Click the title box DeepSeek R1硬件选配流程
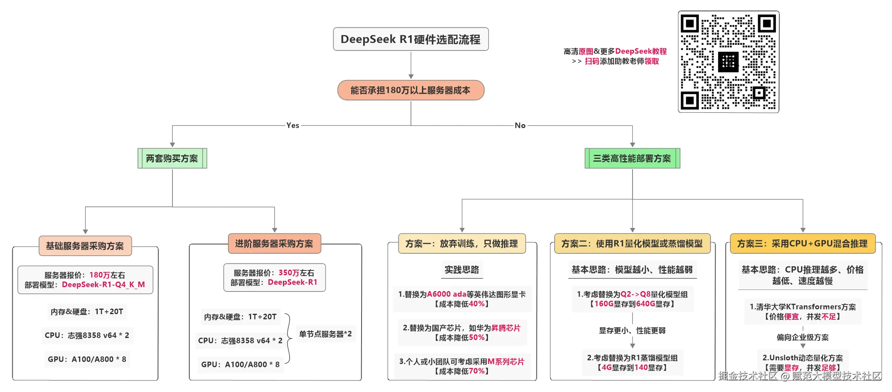click(x=410, y=39)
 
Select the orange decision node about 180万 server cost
click(x=410, y=90)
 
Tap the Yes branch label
click(x=292, y=126)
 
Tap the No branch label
click(x=520, y=126)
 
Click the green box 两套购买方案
click(x=172, y=158)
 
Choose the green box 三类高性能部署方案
click(x=632, y=158)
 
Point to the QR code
click(x=728, y=62)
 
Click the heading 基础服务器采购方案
click(x=85, y=246)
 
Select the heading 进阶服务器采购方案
click(x=274, y=243)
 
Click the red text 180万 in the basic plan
click(x=99, y=275)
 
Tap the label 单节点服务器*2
click(x=325, y=334)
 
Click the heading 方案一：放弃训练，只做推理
click(x=462, y=243)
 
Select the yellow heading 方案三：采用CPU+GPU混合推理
click(x=802, y=243)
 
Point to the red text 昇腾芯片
click(x=506, y=328)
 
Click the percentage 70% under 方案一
click(x=477, y=371)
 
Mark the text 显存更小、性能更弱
click(x=632, y=330)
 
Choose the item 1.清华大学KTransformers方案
click(x=803, y=307)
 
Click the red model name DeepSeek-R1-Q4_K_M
click(x=103, y=285)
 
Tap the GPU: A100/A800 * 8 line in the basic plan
click(x=87, y=359)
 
